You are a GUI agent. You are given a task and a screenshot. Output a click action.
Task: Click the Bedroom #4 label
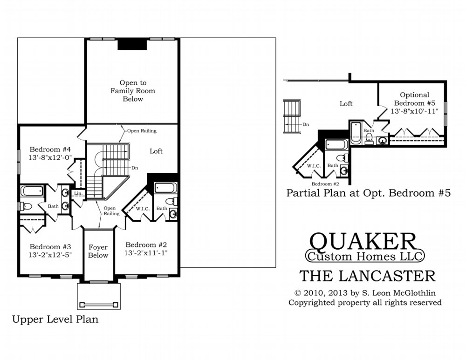coord(50,149)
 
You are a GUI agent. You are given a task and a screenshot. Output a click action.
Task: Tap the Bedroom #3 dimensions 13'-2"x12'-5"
coord(50,255)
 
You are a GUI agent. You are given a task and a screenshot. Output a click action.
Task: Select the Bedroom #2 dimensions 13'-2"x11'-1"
coord(146,253)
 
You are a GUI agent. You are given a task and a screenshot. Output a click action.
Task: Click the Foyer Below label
coord(98,251)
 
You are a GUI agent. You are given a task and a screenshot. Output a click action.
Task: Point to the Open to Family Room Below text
coord(133,91)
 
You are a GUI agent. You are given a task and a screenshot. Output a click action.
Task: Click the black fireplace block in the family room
coord(132,45)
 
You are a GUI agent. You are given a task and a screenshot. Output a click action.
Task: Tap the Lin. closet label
coord(78,193)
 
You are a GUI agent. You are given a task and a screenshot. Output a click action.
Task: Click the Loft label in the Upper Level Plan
coord(156,151)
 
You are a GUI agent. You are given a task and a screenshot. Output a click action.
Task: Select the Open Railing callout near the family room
coord(142,131)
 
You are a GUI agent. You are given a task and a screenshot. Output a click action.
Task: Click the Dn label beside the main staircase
coord(135,168)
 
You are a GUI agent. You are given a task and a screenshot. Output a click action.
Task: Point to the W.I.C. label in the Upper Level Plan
coord(143,209)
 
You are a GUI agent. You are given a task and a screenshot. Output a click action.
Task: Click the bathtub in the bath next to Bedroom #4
coord(32,191)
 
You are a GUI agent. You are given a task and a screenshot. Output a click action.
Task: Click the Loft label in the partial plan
coord(346,104)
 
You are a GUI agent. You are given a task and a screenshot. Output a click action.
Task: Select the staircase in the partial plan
coord(293,117)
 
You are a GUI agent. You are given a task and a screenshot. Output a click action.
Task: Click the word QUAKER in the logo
coord(363,241)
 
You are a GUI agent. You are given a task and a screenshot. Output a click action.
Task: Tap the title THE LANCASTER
coord(367,276)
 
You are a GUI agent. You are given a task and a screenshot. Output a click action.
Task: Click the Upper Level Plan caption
coord(55,319)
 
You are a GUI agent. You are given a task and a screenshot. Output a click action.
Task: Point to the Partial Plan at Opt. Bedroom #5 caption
coord(369,193)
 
